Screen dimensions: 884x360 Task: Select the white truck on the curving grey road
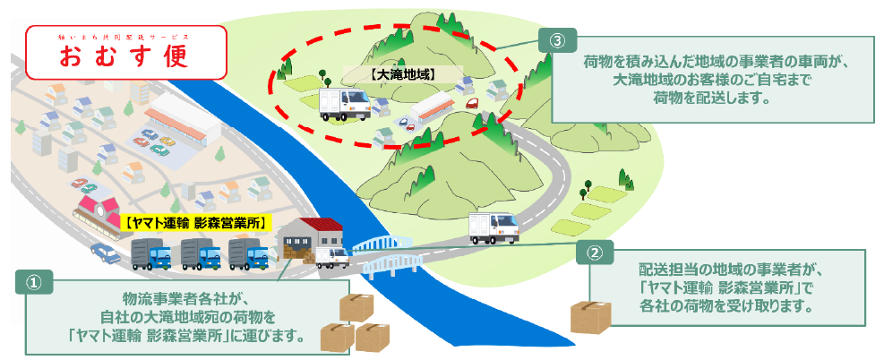tap(493, 227)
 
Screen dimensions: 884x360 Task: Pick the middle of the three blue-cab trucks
tap(200, 254)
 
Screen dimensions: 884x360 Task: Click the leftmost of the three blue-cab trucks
tap(150, 254)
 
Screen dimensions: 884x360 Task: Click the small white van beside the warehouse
tap(331, 258)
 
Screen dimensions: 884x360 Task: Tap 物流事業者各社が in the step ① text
tap(183, 298)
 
